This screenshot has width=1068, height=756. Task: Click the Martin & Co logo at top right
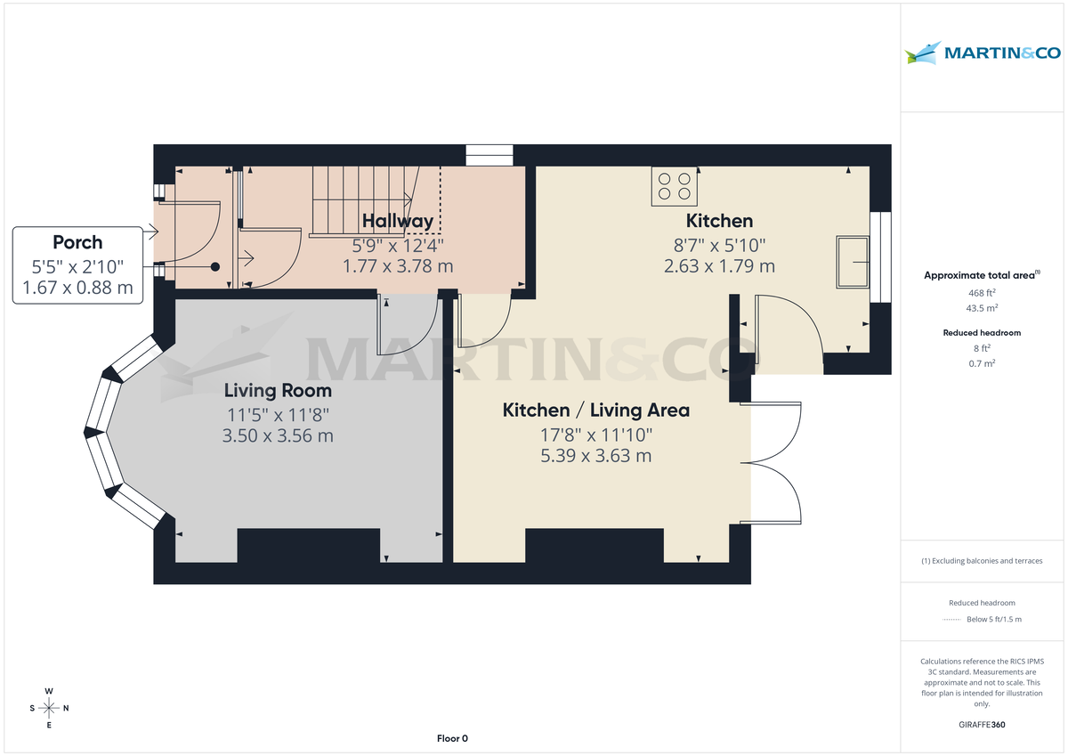click(983, 53)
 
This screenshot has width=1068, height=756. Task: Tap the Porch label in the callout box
click(77, 242)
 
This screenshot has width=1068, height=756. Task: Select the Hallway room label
click(398, 221)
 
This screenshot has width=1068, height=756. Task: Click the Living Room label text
click(278, 390)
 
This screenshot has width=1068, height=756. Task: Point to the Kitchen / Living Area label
click(595, 410)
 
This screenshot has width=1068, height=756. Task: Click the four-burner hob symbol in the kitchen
click(674, 186)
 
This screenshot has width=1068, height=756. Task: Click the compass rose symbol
click(49, 708)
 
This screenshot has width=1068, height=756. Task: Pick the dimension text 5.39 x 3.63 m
click(595, 456)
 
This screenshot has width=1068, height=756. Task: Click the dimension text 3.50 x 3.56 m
click(278, 435)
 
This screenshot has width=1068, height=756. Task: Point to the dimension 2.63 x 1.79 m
click(719, 265)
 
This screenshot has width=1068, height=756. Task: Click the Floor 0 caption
click(452, 738)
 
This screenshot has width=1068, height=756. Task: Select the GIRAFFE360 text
click(983, 725)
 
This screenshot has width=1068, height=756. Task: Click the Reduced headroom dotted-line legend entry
click(983, 620)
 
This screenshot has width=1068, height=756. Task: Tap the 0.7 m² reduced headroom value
click(983, 363)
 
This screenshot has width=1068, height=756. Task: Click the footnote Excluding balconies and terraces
click(983, 561)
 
